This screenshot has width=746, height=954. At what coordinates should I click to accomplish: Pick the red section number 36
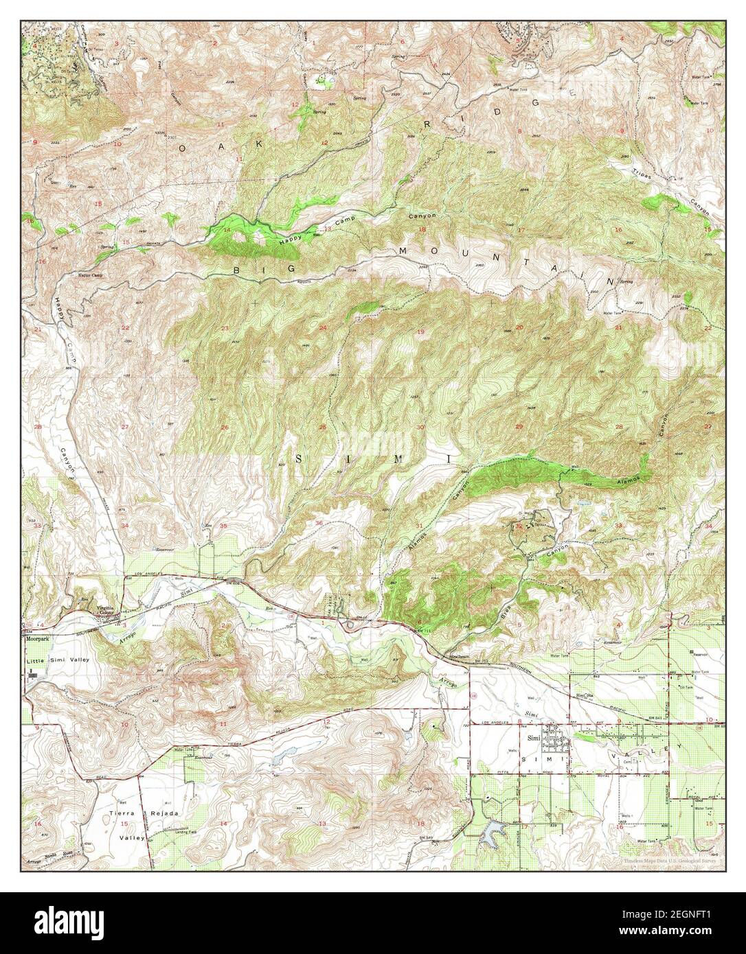pyautogui.click(x=319, y=524)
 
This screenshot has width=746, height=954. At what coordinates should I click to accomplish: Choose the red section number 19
pyautogui.click(x=420, y=332)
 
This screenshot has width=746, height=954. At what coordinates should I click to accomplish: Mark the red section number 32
pyautogui.click(x=519, y=526)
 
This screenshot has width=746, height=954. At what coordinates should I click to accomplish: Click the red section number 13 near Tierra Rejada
pyautogui.click(x=321, y=822)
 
